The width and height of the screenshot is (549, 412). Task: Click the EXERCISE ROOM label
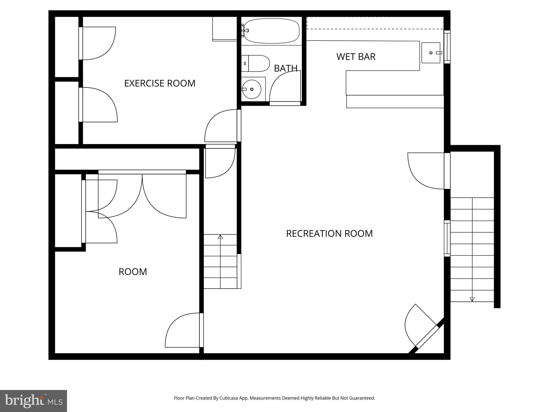(x=160, y=83)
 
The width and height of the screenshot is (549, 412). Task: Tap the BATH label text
(x=285, y=68)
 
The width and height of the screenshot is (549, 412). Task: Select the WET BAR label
(x=356, y=57)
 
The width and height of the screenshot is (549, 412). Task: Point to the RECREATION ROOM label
(x=329, y=233)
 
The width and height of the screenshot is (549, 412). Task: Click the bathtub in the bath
(x=271, y=31)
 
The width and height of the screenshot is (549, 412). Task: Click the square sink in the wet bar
(x=431, y=53)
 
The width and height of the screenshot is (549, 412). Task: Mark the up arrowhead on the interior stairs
(x=220, y=237)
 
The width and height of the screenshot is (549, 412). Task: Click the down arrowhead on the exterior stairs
(x=472, y=299)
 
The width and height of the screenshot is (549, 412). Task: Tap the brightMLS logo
(x=33, y=401)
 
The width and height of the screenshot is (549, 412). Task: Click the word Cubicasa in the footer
(x=229, y=398)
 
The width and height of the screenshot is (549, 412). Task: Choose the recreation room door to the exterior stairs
(x=426, y=171)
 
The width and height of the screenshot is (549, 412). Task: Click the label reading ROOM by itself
(x=133, y=272)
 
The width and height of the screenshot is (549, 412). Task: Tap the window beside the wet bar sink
(x=447, y=47)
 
